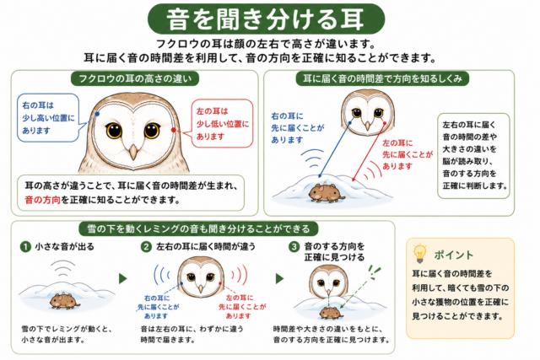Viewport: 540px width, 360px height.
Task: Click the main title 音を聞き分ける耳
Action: (x=266, y=19)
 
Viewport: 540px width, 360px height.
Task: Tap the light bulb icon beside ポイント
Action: (x=420, y=253)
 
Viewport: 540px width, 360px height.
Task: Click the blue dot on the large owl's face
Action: (x=98, y=114)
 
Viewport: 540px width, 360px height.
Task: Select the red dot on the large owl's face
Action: (x=174, y=130)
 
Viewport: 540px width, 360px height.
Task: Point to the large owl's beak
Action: (x=133, y=152)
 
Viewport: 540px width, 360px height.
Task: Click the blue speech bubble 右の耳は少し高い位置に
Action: (x=48, y=118)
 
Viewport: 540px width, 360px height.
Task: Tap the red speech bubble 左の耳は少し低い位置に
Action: (x=222, y=124)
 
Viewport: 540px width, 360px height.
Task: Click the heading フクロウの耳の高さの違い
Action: (x=135, y=78)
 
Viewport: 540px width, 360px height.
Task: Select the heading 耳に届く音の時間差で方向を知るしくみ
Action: (x=382, y=78)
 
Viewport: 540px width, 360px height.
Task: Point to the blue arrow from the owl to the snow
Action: (x=335, y=150)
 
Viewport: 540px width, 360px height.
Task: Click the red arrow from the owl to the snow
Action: (x=369, y=152)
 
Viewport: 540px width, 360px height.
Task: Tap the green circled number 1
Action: (x=25, y=247)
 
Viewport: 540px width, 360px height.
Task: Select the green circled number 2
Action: (x=147, y=247)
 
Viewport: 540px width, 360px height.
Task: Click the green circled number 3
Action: (x=294, y=247)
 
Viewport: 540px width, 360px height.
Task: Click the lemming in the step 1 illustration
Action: (x=65, y=302)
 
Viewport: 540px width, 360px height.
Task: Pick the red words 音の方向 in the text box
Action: (x=42, y=200)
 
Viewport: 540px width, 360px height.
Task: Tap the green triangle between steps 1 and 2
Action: (x=123, y=278)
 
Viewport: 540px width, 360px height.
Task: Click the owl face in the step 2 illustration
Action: (x=201, y=277)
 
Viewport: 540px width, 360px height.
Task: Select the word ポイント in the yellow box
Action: (x=454, y=255)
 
